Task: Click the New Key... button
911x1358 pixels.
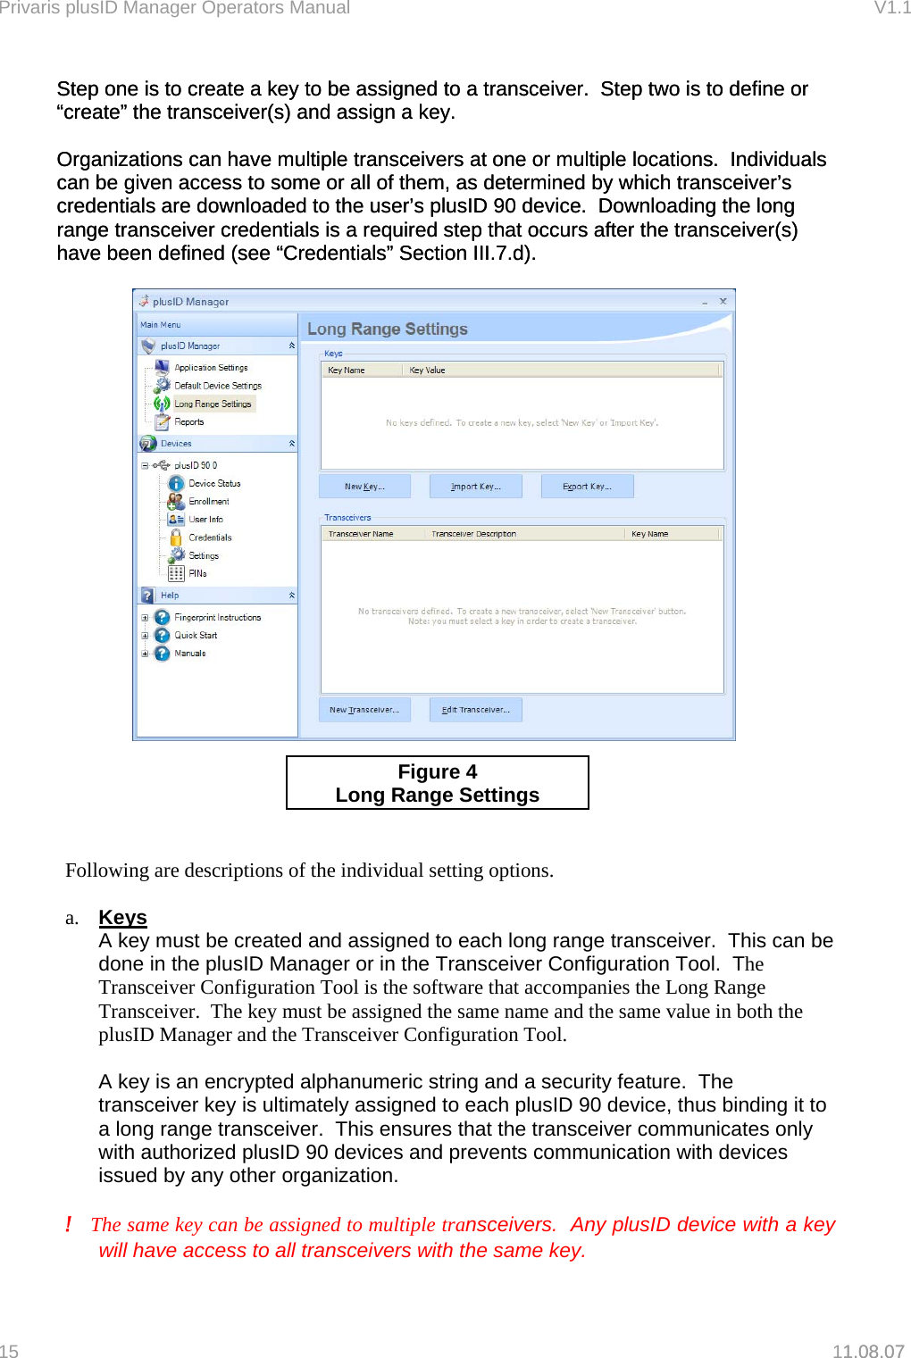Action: click(364, 487)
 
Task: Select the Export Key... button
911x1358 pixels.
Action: click(587, 487)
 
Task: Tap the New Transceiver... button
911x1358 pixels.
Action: click(364, 710)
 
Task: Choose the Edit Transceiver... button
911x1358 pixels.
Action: click(475, 710)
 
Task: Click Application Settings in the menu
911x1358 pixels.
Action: click(211, 368)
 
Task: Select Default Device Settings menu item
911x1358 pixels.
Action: click(217, 386)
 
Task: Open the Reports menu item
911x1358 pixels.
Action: click(188, 422)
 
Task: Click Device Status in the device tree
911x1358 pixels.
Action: click(214, 483)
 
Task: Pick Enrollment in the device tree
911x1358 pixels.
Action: click(208, 502)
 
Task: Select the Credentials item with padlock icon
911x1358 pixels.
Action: click(209, 537)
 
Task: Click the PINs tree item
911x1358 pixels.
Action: click(197, 573)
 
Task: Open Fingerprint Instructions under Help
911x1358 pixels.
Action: click(217, 618)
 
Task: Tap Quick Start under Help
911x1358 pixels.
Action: click(196, 636)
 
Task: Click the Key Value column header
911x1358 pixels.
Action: click(427, 370)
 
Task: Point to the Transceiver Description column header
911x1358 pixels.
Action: click(473, 534)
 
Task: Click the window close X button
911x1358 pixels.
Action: click(723, 302)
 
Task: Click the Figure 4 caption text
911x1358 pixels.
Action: click(437, 772)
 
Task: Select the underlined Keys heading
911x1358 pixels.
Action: click(122, 918)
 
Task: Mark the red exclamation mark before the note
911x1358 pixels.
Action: click(69, 1224)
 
